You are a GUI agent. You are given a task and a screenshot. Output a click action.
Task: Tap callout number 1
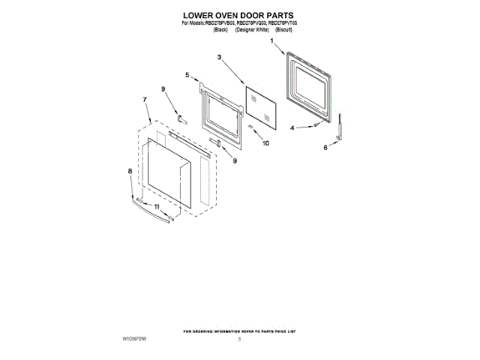(x=271, y=43)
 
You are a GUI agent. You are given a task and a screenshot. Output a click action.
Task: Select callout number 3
(x=219, y=58)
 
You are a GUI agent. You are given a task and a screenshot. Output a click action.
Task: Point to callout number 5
(x=187, y=74)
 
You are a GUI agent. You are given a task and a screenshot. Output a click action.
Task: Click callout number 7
(x=144, y=98)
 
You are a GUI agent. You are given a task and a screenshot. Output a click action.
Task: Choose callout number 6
(x=325, y=148)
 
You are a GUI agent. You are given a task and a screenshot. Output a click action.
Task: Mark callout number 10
(x=265, y=142)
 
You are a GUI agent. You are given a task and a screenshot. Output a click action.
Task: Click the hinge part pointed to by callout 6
(x=340, y=128)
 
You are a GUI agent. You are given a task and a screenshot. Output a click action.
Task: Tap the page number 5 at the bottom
(x=239, y=339)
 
